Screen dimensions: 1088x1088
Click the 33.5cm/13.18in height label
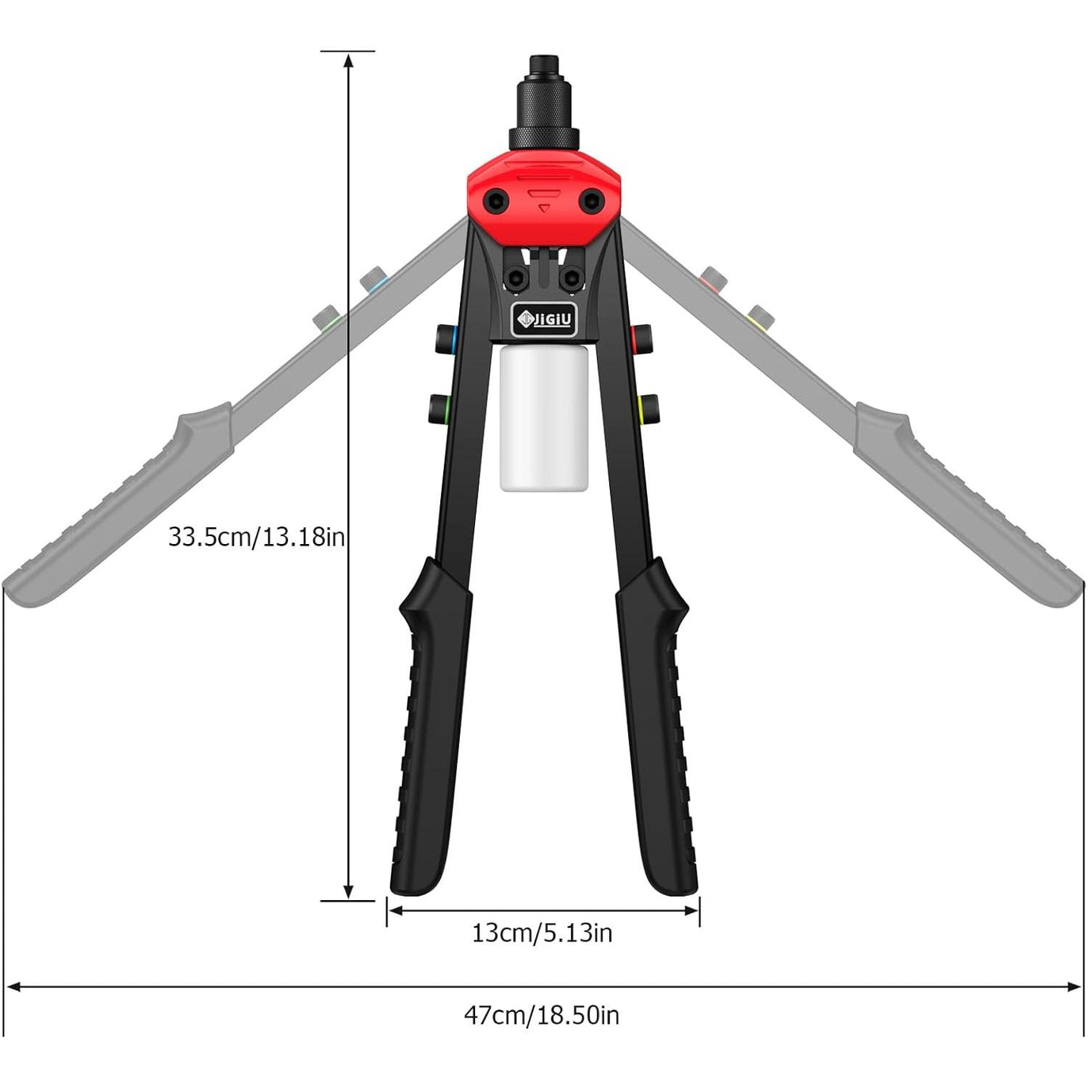pyautogui.click(x=256, y=537)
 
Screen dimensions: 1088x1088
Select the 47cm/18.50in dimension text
pyautogui.click(x=542, y=1031)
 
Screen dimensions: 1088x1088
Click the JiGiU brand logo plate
pyautogui.click(x=544, y=320)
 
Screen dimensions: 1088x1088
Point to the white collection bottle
pyautogui.click(x=544, y=418)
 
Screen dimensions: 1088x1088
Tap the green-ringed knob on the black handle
pyautogui.click(x=439, y=408)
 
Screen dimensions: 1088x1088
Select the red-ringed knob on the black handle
pyautogui.click(x=642, y=338)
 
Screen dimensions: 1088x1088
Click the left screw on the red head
pyautogui.click(x=496, y=200)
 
